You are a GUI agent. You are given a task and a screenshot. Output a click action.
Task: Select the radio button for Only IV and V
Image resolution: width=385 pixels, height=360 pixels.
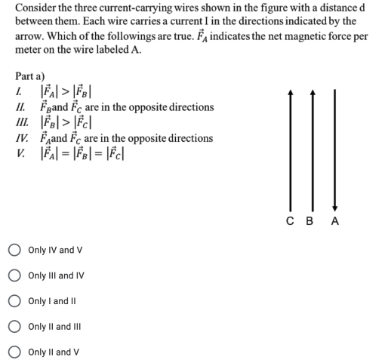[x=14, y=250]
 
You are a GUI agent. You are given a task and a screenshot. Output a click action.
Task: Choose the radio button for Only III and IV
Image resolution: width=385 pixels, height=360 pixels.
[x=14, y=275]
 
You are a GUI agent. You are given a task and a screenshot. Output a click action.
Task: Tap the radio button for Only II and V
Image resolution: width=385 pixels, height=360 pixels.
[x=14, y=352]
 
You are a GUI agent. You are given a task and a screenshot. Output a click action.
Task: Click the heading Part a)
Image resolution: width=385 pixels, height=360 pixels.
[x=30, y=76]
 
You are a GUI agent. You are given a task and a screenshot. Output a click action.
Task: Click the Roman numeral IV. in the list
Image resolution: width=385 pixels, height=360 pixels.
[x=22, y=139]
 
